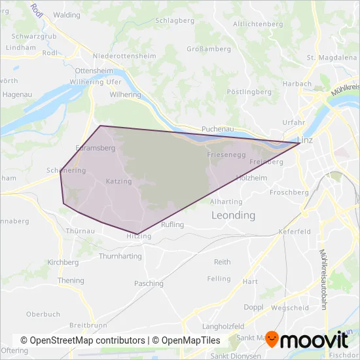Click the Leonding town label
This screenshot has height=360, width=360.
point(232,215)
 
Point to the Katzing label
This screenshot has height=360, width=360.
point(118,181)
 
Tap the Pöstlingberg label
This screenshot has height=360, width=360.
point(249,92)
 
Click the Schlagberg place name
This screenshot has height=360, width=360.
point(173,20)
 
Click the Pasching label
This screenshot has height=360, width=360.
point(149,283)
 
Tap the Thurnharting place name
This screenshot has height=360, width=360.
point(120,257)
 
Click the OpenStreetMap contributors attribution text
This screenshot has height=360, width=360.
point(82,341)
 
